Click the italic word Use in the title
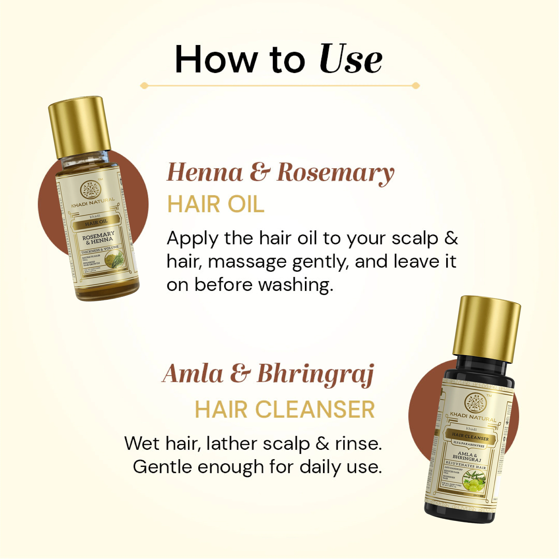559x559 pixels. (351, 59)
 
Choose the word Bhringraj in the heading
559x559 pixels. (315, 375)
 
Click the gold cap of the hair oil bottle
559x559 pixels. (80, 127)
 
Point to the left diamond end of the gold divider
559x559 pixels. (144, 86)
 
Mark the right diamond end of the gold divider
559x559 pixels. (416, 86)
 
